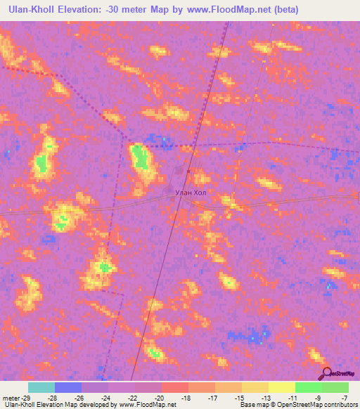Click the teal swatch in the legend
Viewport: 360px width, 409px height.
pos(41,387)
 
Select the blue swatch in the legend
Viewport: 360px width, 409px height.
pos(67,387)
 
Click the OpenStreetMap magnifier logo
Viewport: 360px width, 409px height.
pos(326,374)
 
